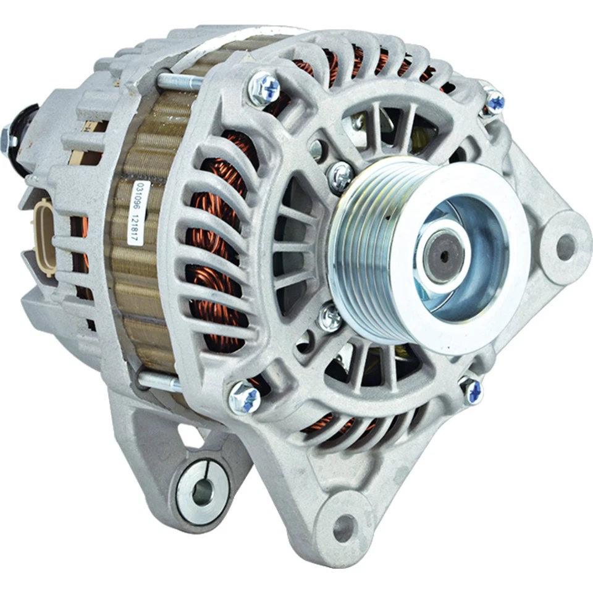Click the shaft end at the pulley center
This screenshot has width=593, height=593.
[x=442, y=255]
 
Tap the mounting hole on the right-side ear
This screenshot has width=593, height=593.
[x=565, y=246]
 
